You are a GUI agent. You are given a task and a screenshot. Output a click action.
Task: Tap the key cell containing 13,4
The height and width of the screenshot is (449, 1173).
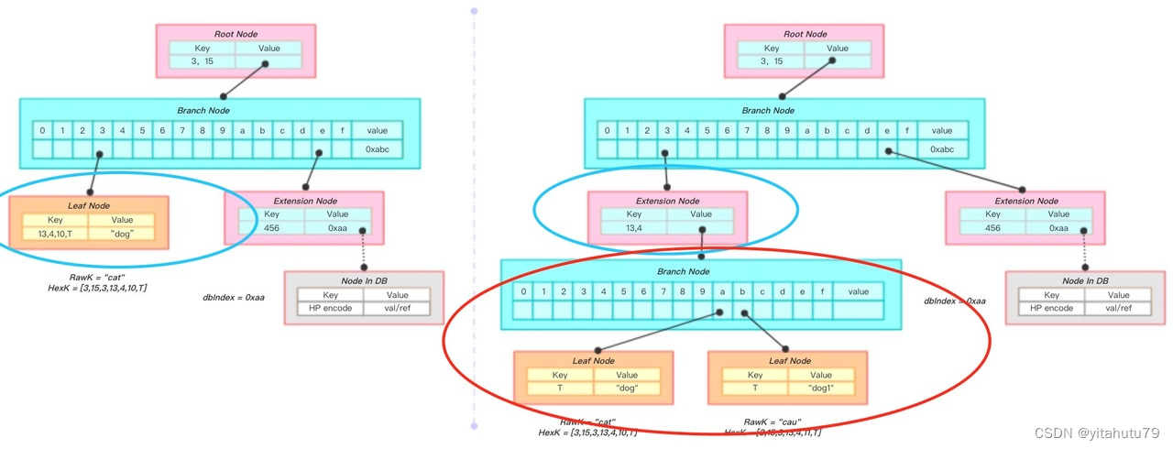pyautogui.click(x=633, y=228)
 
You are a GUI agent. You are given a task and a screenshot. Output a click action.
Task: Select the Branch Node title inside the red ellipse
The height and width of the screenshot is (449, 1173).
pyautogui.click(x=683, y=272)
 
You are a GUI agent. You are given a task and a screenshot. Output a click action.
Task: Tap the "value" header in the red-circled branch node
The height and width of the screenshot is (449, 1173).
pyautogui.click(x=858, y=292)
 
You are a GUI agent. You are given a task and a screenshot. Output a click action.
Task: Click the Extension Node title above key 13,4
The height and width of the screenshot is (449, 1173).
pyautogui.click(x=667, y=201)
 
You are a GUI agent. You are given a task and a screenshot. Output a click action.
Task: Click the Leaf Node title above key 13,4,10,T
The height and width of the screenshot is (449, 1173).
pyautogui.click(x=89, y=206)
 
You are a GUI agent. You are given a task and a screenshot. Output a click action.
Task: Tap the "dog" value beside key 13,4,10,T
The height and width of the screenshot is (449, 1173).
pyautogui.click(x=122, y=235)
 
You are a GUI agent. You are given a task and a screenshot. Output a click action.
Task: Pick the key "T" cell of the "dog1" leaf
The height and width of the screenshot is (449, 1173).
pyautogui.click(x=754, y=389)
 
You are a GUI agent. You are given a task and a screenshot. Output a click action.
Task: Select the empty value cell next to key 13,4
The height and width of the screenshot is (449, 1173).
pyautogui.click(x=700, y=228)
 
